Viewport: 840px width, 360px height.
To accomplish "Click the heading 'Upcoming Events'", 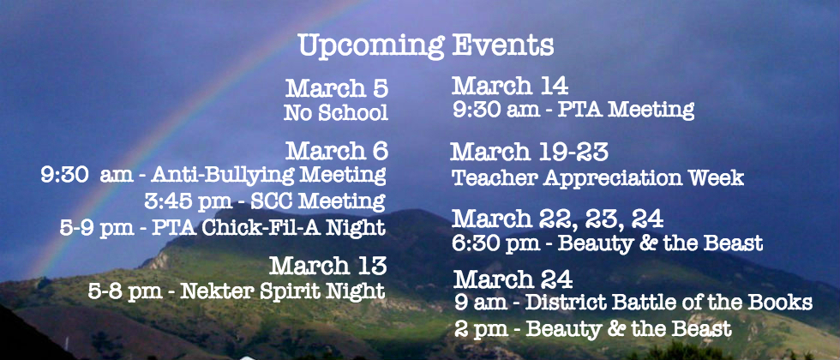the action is tap(426, 46).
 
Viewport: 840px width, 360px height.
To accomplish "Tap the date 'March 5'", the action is tap(336, 89).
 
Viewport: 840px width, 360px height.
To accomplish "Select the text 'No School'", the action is tap(336, 113).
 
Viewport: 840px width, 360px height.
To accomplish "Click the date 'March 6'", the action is tap(336, 151).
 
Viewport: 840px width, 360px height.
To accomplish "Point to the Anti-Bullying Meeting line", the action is tap(213, 175).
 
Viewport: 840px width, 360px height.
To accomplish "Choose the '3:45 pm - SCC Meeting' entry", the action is tap(265, 201).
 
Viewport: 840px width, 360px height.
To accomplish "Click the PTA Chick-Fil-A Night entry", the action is tap(223, 227).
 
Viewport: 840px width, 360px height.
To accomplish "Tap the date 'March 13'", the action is tap(327, 266).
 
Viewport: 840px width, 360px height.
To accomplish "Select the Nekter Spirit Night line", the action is tap(237, 291).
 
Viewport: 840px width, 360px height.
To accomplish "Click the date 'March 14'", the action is tap(510, 86).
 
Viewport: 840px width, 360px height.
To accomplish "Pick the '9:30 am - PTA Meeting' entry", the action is tap(573, 110).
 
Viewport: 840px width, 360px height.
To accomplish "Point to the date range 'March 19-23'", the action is tap(530, 153).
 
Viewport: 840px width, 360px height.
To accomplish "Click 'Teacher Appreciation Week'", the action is tap(598, 178).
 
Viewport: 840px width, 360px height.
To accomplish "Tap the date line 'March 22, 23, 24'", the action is tap(558, 219).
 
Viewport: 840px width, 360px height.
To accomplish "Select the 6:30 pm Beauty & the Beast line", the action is tap(608, 243).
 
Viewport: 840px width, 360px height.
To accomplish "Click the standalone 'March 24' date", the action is tap(513, 279).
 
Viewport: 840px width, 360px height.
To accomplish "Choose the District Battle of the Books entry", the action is tap(633, 303).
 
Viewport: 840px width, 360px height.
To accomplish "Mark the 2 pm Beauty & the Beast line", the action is tap(593, 328).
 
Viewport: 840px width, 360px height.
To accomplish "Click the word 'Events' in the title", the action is tap(502, 45).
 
